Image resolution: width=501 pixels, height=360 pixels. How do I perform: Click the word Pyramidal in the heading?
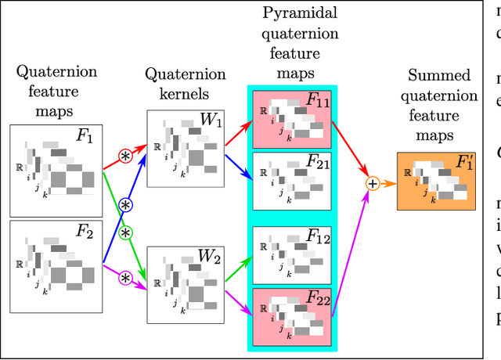[x=290, y=14]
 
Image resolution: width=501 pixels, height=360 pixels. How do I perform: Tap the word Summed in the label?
[x=439, y=77]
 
